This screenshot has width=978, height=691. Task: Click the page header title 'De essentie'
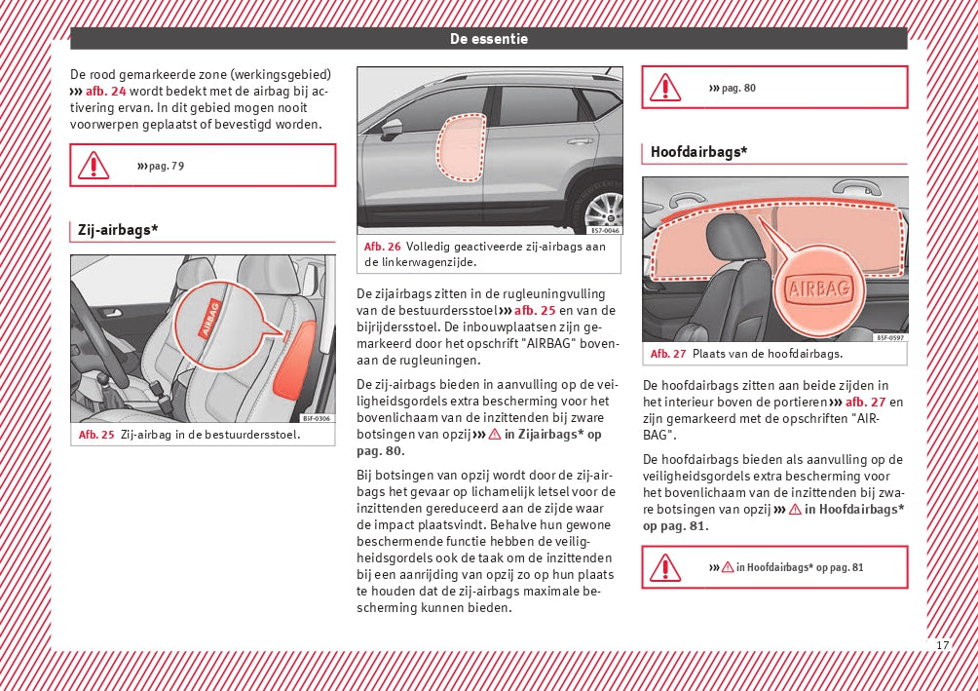point(488,39)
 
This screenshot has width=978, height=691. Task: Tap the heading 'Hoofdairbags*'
point(698,151)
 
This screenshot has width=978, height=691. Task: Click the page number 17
point(942,645)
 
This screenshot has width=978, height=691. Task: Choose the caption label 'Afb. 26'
point(382,247)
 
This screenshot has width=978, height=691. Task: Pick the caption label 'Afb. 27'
point(668,354)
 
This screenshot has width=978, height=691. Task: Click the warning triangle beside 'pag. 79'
point(94,166)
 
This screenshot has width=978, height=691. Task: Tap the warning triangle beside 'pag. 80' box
point(665,88)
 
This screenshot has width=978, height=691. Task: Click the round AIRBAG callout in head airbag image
point(819,288)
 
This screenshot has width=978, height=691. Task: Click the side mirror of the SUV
point(392,128)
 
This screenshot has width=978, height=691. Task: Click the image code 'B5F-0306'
point(316,418)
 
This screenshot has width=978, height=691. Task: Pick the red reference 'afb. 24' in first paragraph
point(105,91)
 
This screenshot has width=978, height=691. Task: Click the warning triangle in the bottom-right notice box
point(665,567)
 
